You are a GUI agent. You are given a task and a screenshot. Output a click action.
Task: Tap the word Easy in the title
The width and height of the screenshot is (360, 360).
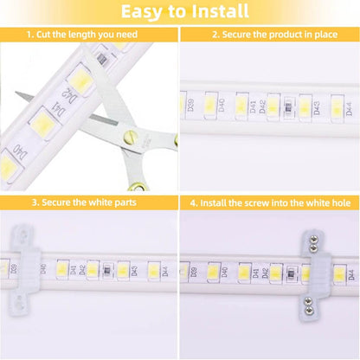point(144,12)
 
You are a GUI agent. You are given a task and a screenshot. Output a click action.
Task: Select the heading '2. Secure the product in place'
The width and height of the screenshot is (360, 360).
point(269,35)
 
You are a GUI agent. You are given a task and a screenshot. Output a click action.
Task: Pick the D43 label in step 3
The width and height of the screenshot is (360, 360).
point(136,272)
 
